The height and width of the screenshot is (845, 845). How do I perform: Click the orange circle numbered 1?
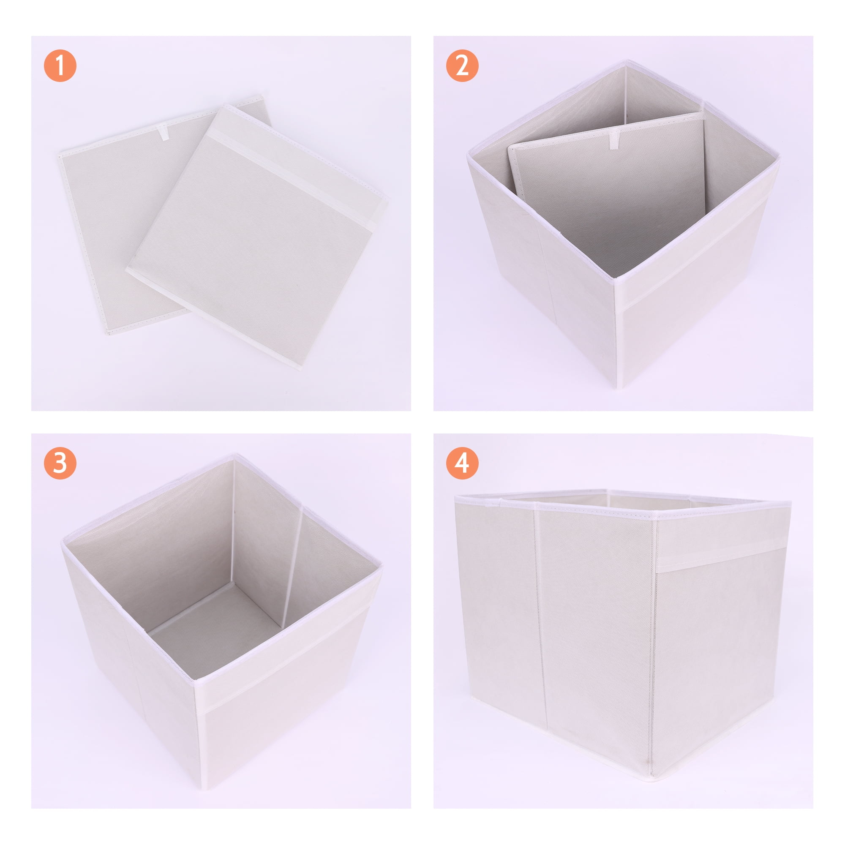click(60, 65)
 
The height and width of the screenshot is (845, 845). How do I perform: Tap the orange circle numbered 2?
click(462, 65)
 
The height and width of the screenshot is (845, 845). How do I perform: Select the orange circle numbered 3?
click(60, 463)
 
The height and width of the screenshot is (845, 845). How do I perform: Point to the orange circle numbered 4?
click(462, 463)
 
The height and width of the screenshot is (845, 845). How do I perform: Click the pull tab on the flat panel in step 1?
click(164, 133)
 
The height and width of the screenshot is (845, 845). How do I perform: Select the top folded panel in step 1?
click(257, 235)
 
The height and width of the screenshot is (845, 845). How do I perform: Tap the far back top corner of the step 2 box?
click(626, 63)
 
